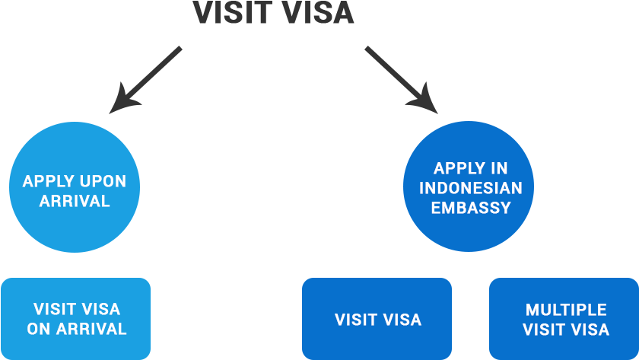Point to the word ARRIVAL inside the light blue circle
(75, 202)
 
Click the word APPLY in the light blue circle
(48, 182)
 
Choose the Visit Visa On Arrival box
(76, 319)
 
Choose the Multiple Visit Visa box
(563, 319)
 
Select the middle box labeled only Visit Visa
(377, 319)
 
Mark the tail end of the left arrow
(180, 49)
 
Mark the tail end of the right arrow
(367, 49)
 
